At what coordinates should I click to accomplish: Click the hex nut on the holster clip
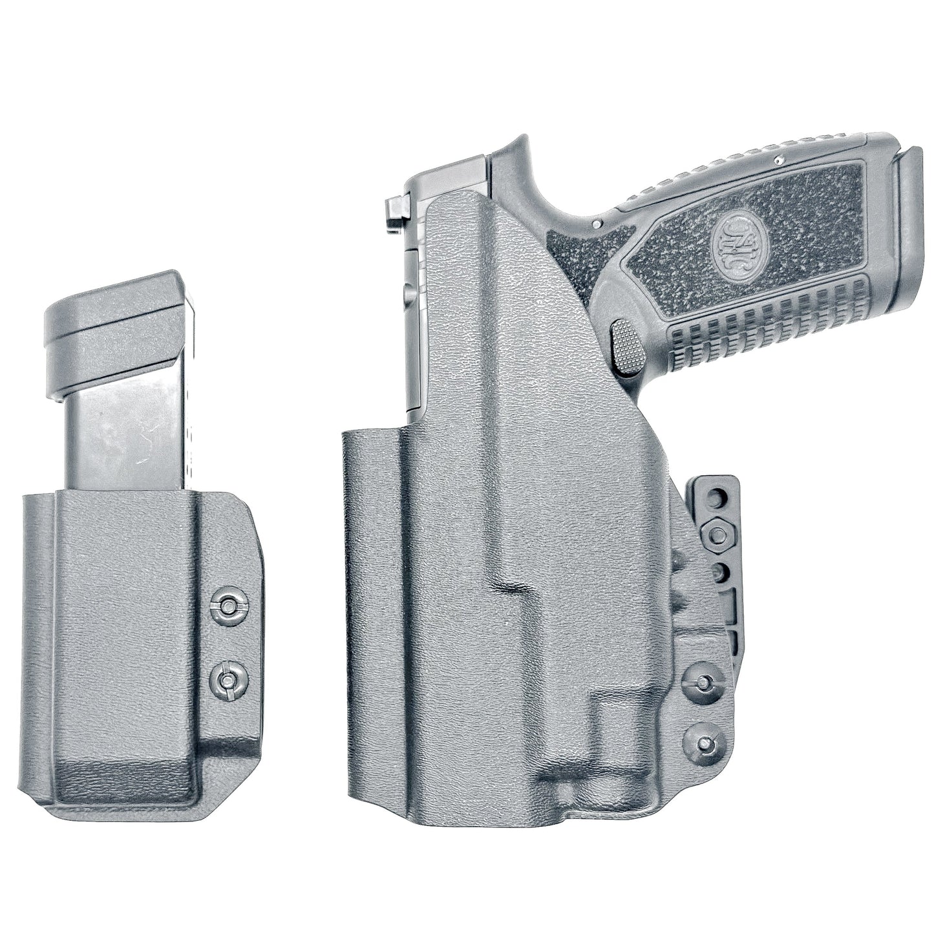pos(718,533)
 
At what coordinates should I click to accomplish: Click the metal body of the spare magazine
pos(129,440)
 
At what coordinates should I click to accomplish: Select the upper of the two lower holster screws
pos(701,681)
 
